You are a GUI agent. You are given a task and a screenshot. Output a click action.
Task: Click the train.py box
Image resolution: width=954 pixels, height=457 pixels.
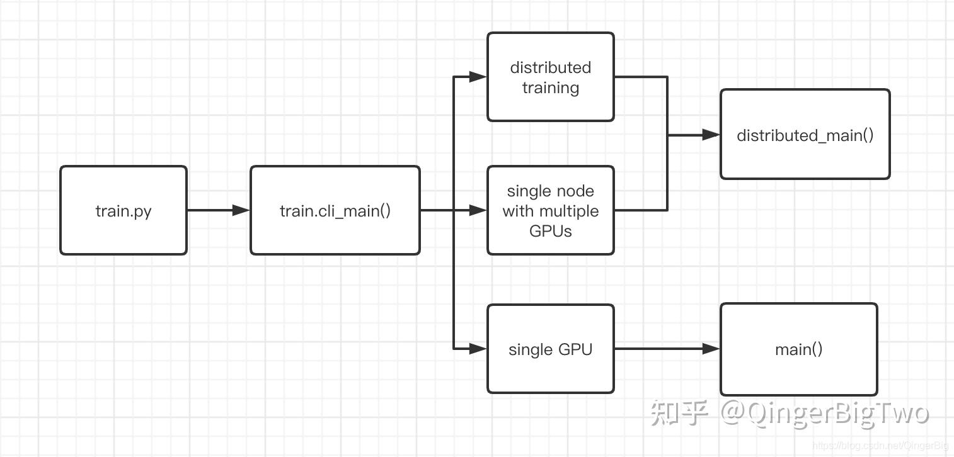124,210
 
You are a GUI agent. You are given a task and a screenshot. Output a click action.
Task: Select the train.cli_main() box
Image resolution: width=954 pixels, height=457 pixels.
335,210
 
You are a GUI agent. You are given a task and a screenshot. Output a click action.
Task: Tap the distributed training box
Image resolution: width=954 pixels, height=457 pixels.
551,77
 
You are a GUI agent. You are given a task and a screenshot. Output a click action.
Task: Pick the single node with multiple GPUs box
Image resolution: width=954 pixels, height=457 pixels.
551,210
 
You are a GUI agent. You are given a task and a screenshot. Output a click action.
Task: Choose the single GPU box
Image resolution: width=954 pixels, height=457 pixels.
551,349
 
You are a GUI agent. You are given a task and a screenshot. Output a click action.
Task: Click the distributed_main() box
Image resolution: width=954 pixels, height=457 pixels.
805,135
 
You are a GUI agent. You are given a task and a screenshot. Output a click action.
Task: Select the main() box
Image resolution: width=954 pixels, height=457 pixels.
798,349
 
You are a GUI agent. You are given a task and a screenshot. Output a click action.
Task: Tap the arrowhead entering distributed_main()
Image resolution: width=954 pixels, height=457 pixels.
711,135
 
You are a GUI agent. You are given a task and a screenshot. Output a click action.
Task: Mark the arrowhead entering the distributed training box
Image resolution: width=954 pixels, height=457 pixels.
478,77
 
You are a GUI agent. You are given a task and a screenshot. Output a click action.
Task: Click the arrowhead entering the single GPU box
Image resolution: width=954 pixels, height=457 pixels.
478,349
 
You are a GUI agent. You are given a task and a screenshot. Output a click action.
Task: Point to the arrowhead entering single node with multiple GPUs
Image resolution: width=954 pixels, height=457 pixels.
478,210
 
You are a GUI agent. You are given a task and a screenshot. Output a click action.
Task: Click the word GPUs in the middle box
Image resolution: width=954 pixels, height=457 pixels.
551,231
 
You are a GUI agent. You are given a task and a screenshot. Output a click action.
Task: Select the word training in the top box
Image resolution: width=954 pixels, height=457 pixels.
551,87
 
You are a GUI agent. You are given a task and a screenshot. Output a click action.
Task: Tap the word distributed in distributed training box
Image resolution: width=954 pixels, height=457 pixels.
551,67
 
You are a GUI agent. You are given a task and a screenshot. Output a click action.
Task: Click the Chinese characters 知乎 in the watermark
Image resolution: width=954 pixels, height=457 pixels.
679,412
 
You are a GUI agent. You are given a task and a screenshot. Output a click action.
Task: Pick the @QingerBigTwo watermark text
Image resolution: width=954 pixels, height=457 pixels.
825,413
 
